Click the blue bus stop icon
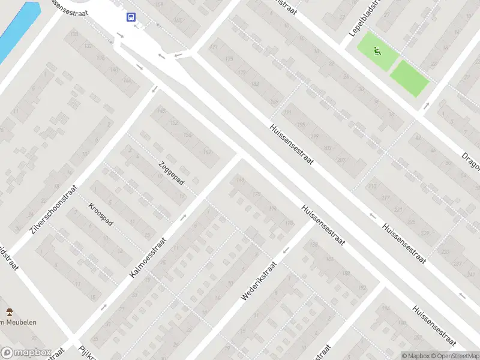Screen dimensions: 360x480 point(130,17)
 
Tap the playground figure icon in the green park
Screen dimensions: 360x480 point(376,50)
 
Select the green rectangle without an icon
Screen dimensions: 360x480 point(410,78)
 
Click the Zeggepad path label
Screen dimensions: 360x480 point(172,173)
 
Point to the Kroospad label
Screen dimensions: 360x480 point(100,214)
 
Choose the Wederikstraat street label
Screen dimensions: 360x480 point(259,281)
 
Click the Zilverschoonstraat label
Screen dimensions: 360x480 point(53,209)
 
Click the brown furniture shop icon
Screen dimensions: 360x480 point(9,311)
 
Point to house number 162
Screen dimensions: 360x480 point(208,152)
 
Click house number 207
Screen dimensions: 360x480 point(341,159)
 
